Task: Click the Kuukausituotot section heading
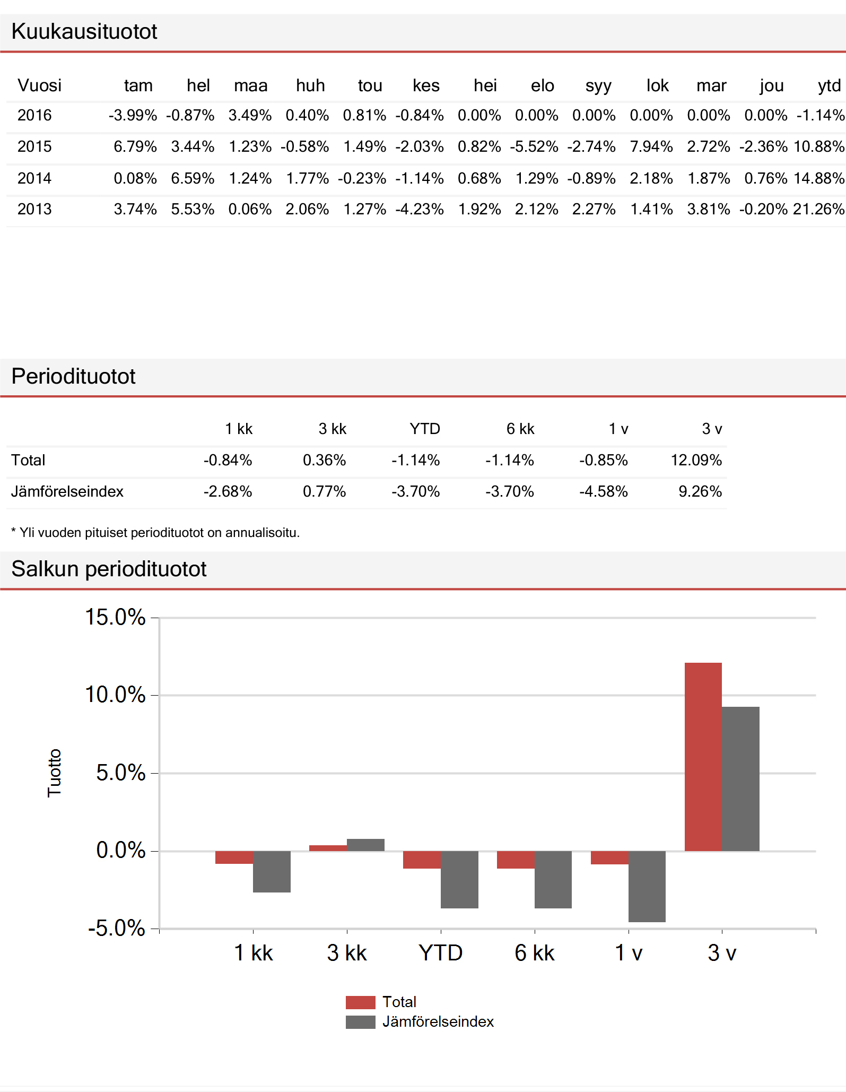coord(84,32)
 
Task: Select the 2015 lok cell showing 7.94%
coord(651,146)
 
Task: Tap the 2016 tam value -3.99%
coord(133,115)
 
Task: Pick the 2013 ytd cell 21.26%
coord(818,209)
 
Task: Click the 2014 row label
coord(34,178)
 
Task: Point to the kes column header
coord(426,85)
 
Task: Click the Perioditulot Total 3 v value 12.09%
coord(696,460)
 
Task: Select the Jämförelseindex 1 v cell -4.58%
coord(603,491)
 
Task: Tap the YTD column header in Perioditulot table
coord(424,429)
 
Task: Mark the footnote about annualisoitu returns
coord(155,533)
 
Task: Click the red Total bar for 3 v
coord(703,757)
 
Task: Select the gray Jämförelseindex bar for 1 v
coord(647,886)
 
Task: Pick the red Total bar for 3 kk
coord(328,848)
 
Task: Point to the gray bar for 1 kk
coord(272,871)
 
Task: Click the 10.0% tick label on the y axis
coord(115,695)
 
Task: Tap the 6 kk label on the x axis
coord(534,953)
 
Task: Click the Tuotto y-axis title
coord(55,773)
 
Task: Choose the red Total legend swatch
coord(360,1002)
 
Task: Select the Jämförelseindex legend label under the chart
coord(438,1021)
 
